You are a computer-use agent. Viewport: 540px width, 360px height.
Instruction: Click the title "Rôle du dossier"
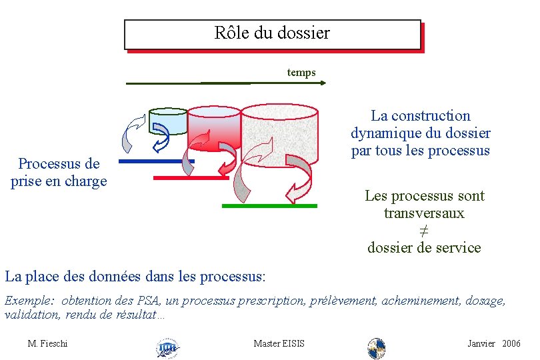pos(272,33)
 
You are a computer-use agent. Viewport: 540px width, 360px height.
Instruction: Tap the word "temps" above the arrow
pos(301,72)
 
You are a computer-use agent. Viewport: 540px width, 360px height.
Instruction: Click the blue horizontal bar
pos(156,161)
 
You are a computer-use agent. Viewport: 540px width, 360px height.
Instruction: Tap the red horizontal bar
pos(191,178)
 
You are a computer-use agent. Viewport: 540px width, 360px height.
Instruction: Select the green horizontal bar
pos(269,206)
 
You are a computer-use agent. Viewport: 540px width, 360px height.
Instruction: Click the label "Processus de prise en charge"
pos(59,172)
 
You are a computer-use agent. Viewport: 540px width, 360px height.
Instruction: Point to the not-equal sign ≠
pos(423,231)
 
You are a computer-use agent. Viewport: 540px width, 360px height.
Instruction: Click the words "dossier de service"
pos(424,247)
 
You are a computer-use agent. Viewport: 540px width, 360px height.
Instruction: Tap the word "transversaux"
pos(424,213)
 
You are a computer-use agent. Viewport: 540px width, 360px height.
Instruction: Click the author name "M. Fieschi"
pos(47,343)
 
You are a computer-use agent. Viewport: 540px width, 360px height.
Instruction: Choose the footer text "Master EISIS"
pos(279,343)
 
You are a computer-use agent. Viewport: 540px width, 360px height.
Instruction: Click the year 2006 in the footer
pos(511,343)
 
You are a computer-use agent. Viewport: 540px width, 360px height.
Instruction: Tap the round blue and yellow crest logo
pos(377,347)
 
